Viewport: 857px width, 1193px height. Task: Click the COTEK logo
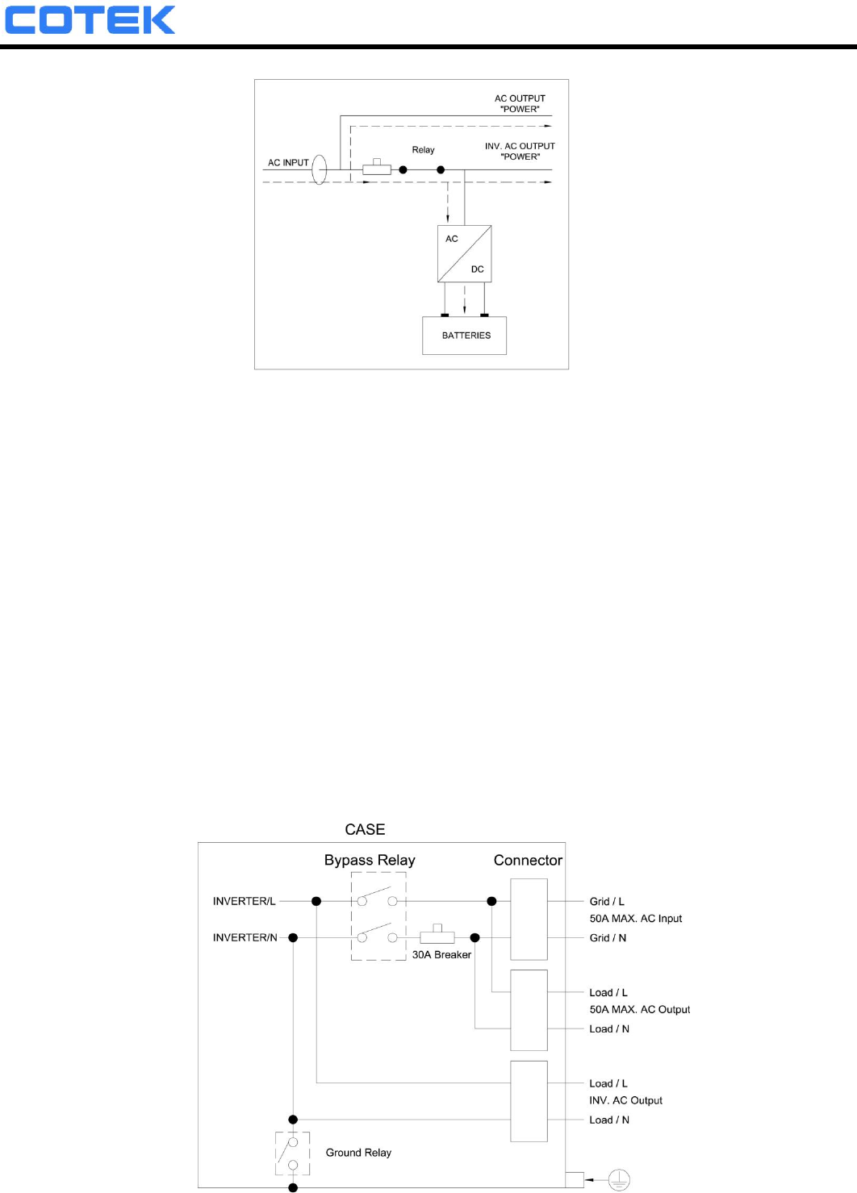(90, 20)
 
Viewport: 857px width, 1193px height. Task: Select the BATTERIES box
(465, 336)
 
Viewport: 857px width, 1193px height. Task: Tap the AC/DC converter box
(465, 254)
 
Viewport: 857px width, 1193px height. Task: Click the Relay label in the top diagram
(423, 150)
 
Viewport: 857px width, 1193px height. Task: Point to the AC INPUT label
(288, 163)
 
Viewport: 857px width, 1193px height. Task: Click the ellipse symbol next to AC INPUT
(320, 169)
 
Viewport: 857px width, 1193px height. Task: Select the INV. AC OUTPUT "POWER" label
(520, 152)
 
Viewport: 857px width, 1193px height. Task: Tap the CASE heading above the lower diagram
(365, 830)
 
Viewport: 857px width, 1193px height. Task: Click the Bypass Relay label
(370, 861)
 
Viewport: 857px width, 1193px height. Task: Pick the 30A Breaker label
(441, 955)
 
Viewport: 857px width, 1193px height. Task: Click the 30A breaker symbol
(437, 936)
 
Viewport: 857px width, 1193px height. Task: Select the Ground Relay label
(358, 1153)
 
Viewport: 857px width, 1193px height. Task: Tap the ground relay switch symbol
(292, 1154)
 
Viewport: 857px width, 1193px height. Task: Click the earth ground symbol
(618, 1180)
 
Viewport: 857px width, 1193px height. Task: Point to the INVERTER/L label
(244, 902)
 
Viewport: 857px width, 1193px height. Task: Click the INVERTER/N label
(245, 938)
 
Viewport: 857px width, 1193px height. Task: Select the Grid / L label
(607, 902)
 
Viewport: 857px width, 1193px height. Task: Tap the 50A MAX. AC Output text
(639, 1010)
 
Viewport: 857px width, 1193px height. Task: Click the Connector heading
(528, 861)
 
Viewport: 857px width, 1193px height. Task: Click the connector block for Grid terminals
(529, 920)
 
